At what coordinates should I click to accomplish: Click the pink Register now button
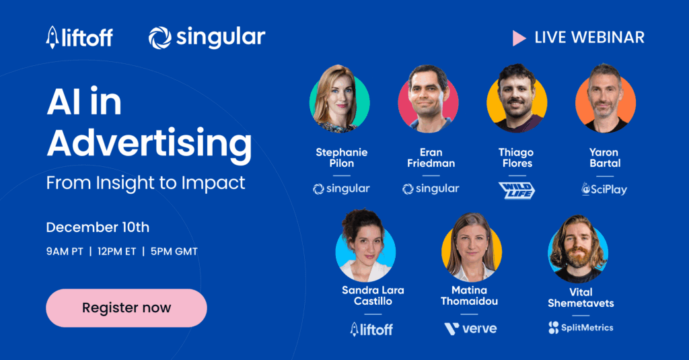click(x=126, y=308)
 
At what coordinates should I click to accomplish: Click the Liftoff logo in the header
click(x=79, y=37)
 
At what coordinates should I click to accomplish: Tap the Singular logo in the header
click(x=207, y=37)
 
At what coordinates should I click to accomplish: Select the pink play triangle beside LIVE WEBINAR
click(x=519, y=38)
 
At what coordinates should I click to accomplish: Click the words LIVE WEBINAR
click(x=589, y=38)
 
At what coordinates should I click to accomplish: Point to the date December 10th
click(x=98, y=227)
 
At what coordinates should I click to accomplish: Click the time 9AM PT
click(x=64, y=252)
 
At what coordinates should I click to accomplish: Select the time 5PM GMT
click(x=175, y=252)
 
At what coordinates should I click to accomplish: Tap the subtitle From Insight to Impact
click(x=145, y=182)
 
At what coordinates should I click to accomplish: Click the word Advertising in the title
click(x=149, y=143)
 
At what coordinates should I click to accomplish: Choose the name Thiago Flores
click(x=516, y=157)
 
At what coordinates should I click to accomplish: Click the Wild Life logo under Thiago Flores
click(x=516, y=190)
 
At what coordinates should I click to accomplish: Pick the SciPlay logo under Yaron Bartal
click(x=604, y=189)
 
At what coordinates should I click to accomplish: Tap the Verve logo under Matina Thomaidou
click(x=470, y=328)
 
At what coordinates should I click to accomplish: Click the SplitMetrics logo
click(x=581, y=328)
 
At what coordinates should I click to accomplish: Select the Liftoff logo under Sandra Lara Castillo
click(x=371, y=329)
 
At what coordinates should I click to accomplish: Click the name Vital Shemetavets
click(x=581, y=297)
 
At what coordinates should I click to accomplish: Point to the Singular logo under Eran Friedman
click(x=431, y=189)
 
